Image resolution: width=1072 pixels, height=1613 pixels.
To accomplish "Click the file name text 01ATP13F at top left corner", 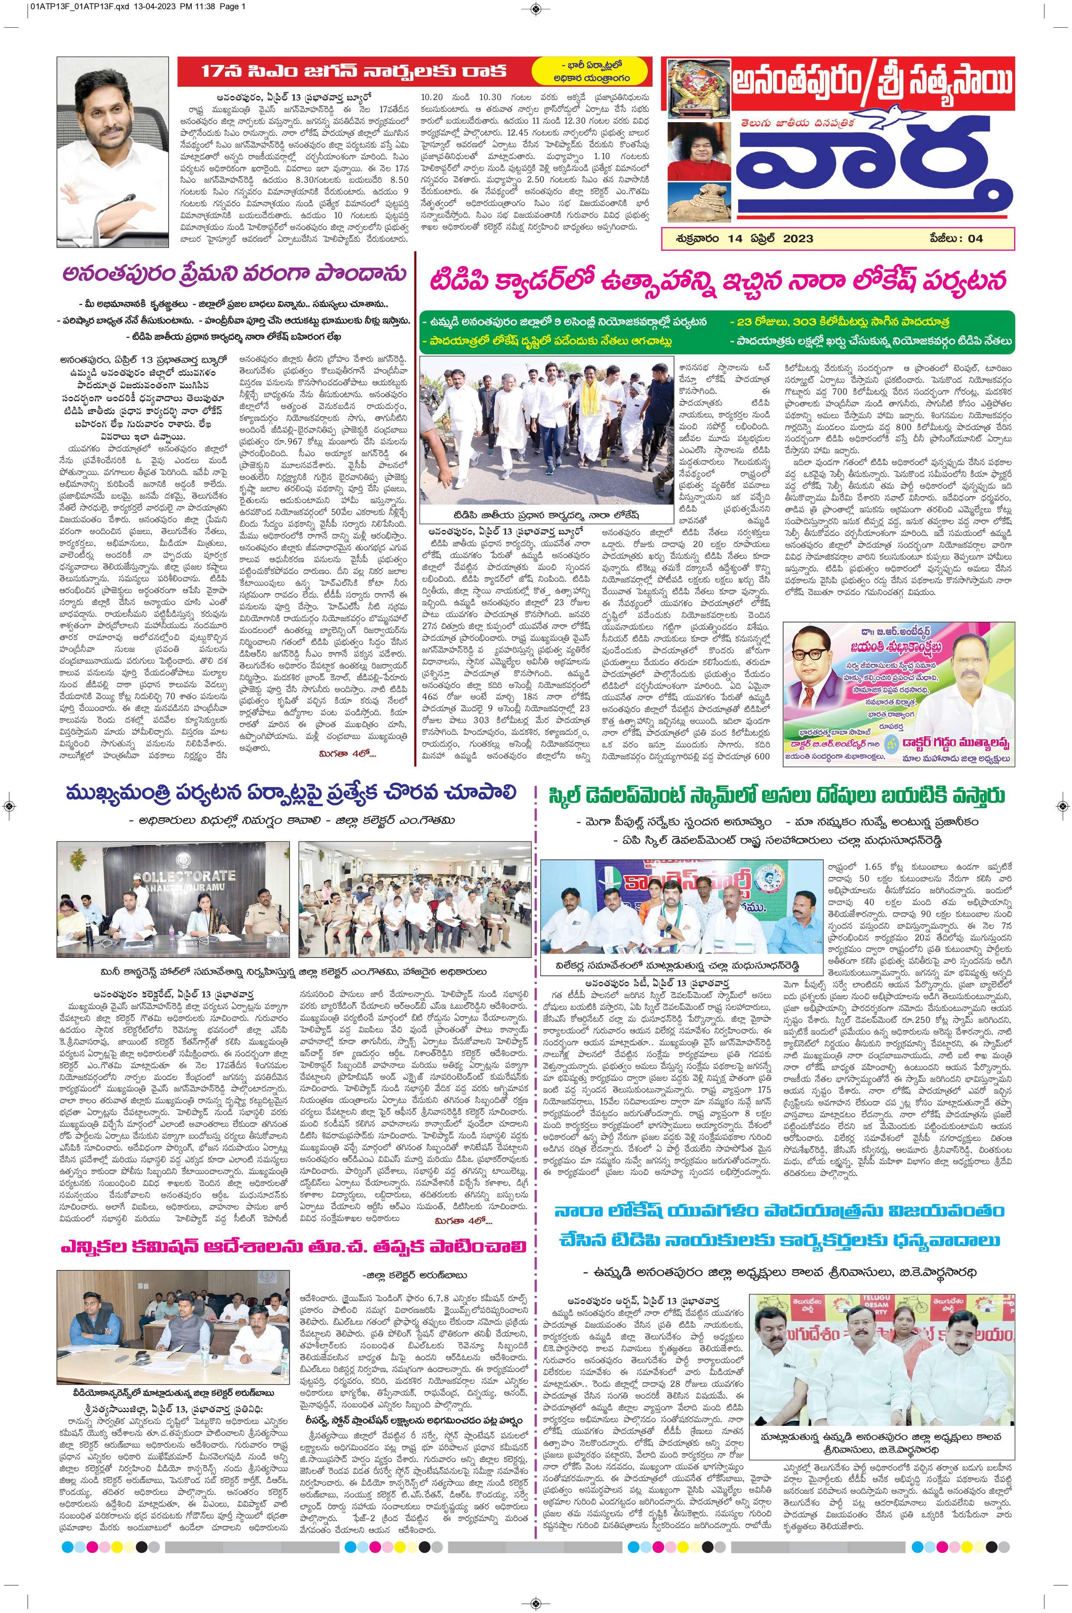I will [41, 7].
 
